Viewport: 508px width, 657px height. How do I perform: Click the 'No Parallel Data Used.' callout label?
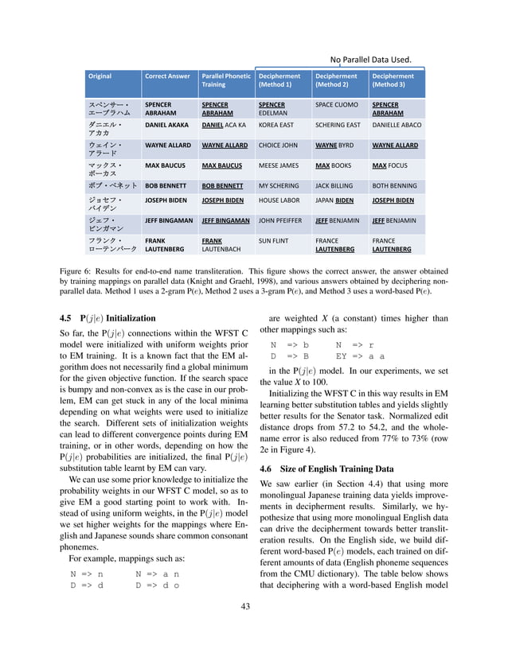pos(370,59)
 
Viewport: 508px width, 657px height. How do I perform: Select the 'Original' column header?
pos(100,76)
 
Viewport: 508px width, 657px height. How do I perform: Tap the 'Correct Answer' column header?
pos(167,76)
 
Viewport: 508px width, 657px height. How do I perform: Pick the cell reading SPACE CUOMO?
pos(337,105)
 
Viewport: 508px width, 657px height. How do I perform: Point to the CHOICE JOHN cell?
pos(278,146)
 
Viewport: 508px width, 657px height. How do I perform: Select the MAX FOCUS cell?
pos(389,166)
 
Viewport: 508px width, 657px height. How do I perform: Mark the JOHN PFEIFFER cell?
pos(281,221)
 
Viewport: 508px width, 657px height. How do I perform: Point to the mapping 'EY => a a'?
pos(360,357)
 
